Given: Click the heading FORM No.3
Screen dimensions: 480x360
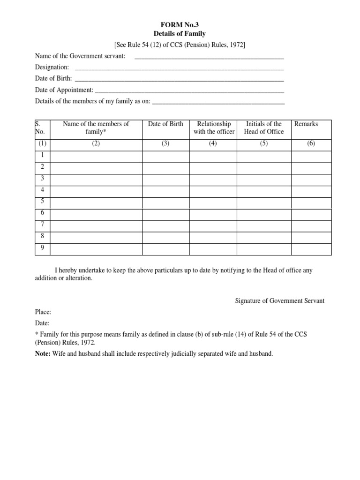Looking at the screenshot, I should point(180,25).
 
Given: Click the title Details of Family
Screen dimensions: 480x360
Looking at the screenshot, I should point(180,34).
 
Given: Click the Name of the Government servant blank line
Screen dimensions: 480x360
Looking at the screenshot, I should point(209,57).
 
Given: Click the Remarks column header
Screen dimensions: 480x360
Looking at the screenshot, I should point(306,124).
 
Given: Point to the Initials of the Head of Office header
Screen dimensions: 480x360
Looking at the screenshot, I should point(264,128).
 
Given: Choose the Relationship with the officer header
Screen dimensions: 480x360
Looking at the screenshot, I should point(214,128).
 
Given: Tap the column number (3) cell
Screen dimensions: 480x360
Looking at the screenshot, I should point(165,144).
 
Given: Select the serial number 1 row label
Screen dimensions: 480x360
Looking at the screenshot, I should point(42,155).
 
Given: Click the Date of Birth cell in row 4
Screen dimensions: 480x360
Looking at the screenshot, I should point(165,191).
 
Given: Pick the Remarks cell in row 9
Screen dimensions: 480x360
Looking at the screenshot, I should point(311,249).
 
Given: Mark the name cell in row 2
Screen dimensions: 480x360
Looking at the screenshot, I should point(96,167).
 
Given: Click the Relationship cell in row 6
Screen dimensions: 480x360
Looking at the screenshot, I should point(213,214).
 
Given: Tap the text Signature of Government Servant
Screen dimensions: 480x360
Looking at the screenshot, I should point(279,301).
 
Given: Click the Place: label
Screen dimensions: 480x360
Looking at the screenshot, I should point(43,312).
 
